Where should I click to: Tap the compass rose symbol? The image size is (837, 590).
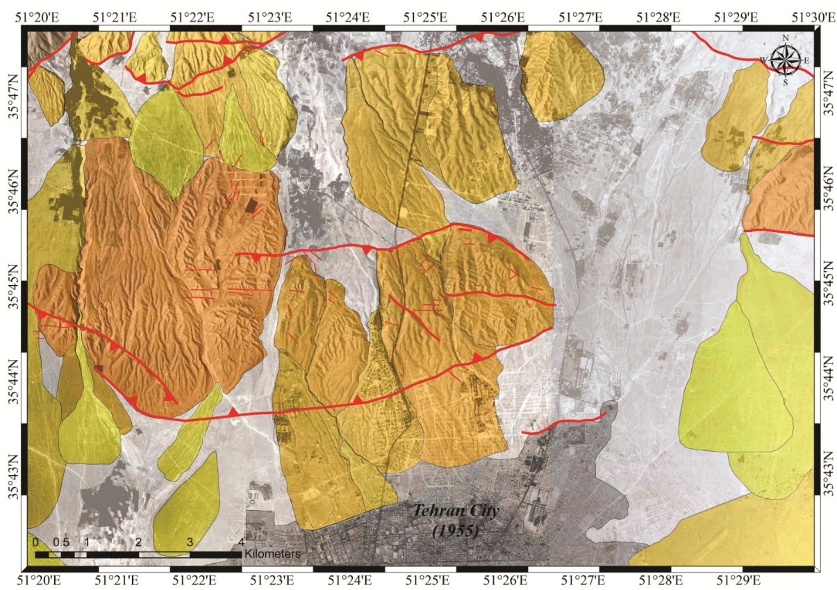pos(786,60)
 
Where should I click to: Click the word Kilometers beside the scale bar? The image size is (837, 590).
pos(273,554)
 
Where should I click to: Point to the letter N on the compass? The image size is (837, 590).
pos(786,38)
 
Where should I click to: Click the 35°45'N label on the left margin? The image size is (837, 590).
pos(15,299)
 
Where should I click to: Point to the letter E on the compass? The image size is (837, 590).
pos(807,60)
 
